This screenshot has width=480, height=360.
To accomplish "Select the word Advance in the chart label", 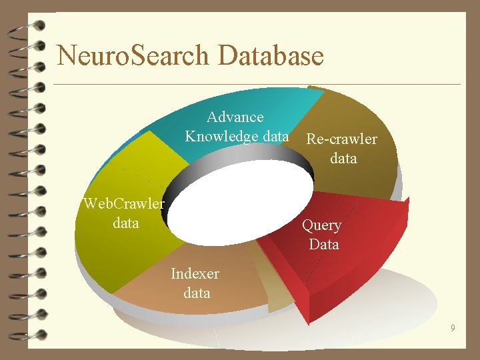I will (235, 117).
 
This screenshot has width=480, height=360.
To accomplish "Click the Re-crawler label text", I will (341, 139).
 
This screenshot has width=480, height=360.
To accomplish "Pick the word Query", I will (322, 225).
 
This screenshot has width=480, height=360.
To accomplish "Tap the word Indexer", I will (195, 273).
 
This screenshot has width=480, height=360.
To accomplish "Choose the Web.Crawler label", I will (124, 203).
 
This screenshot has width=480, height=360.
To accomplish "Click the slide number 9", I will (453, 328).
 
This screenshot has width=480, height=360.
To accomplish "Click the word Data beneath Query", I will (324, 245).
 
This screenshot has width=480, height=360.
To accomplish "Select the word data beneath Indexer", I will (197, 293).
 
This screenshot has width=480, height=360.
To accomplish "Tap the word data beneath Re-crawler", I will (343, 159).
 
